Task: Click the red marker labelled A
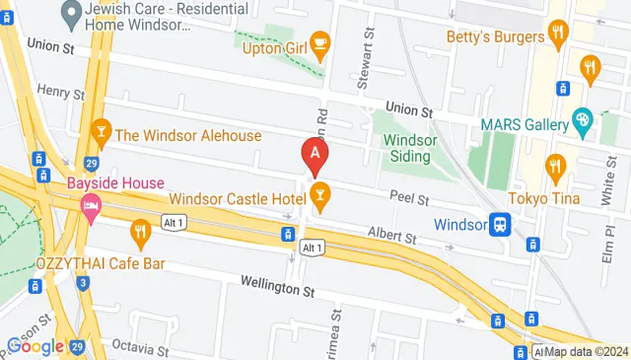pyautogui.click(x=315, y=154)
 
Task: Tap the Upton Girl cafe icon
pyautogui.click(x=319, y=41)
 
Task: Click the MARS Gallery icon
pyautogui.click(x=582, y=124)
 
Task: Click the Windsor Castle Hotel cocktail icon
pyautogui.click(x=318, y=192)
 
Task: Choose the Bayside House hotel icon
pyautogui.click(x=91, y=207)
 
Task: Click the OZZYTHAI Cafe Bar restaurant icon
pyautogui.click(x=140, y=234)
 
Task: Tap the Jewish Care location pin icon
pyautogui.click(x=70, y=14)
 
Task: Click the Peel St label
pyautogui.click(x=408, y=199)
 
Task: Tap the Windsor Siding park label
pyautogui.click(x=407, y=149)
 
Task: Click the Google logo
pyautogui.click(x=35, y=346)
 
